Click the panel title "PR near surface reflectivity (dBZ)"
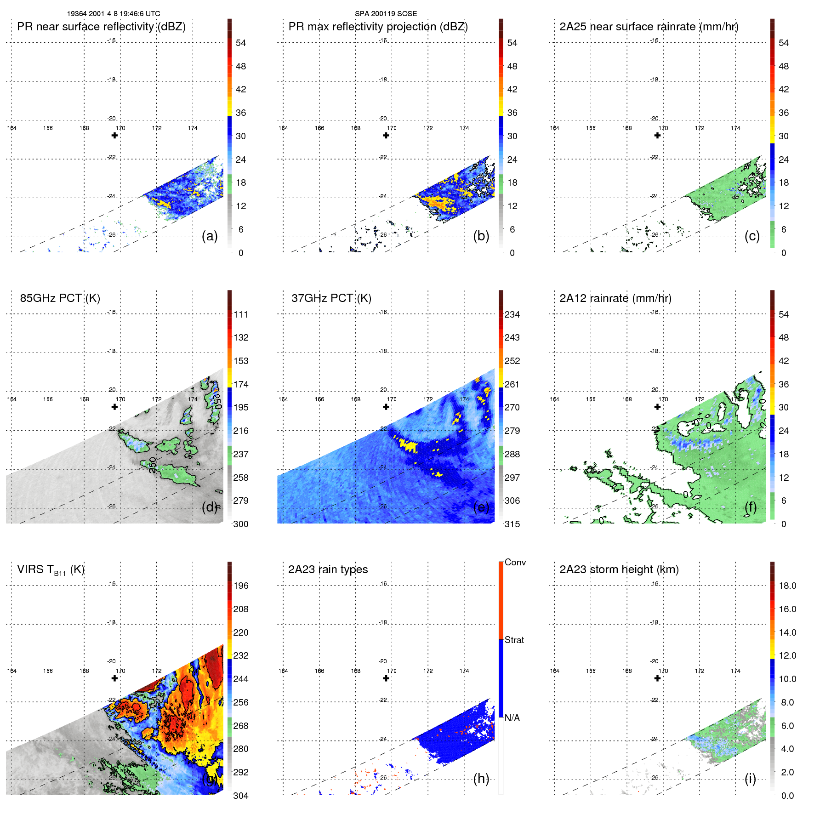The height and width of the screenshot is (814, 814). point(101,27)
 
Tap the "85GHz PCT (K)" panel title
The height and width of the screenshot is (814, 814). point(60,298)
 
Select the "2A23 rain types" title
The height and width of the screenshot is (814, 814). point(328,569)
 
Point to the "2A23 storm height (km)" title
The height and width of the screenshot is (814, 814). point(619,569)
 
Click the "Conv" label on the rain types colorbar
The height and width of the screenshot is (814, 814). point(515,562)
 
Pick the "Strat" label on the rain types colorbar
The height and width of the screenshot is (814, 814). point(514,640)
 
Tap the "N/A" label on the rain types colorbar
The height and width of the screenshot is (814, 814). point(512,718)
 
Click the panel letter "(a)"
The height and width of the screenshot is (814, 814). point(210,236)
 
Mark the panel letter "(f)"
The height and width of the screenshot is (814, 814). point(750,507)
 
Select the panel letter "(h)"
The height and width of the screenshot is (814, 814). point(481,779)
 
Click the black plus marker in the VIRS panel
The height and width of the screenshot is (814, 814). point(114,678)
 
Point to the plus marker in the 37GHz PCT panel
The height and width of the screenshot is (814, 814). point(386,407)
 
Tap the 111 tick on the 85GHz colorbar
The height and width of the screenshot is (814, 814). point(240,314)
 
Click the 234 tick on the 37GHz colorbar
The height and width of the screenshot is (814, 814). point(512,314)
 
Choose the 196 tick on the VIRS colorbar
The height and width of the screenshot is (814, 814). point(240,586)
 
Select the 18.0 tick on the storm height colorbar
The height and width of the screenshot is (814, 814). point(787,586)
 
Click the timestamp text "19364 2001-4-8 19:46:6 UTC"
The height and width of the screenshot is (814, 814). point(114,14)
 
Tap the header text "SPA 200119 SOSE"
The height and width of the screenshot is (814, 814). point(386,14)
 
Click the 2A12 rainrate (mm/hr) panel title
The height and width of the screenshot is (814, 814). point(615,298)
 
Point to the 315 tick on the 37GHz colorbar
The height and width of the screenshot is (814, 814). point(512,524)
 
